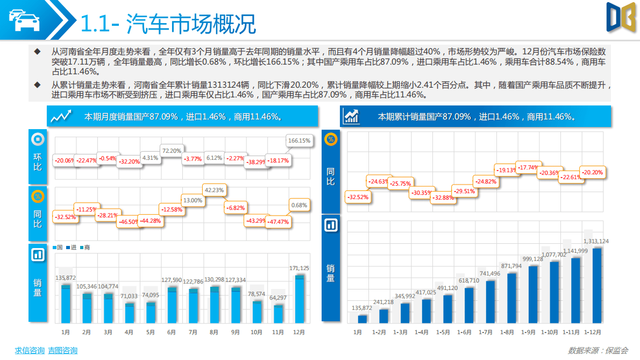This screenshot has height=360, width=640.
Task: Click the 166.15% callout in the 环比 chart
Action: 300,141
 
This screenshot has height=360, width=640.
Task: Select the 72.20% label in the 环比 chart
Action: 172,151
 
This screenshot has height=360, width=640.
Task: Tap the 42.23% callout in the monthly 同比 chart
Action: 214,189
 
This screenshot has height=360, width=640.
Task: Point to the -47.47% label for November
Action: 279,222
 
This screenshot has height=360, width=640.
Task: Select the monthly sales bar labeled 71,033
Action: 129,313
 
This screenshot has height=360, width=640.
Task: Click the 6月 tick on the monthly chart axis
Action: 172,333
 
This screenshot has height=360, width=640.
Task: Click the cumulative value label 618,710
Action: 468,280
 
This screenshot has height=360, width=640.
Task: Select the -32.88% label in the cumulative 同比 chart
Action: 444,197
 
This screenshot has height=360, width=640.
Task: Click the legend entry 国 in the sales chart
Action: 58,247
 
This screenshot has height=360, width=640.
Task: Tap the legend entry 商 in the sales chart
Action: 84,247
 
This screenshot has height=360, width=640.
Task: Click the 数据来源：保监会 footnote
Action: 599,351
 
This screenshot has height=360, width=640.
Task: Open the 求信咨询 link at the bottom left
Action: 29,351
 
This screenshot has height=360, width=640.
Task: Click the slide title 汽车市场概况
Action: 191,24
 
